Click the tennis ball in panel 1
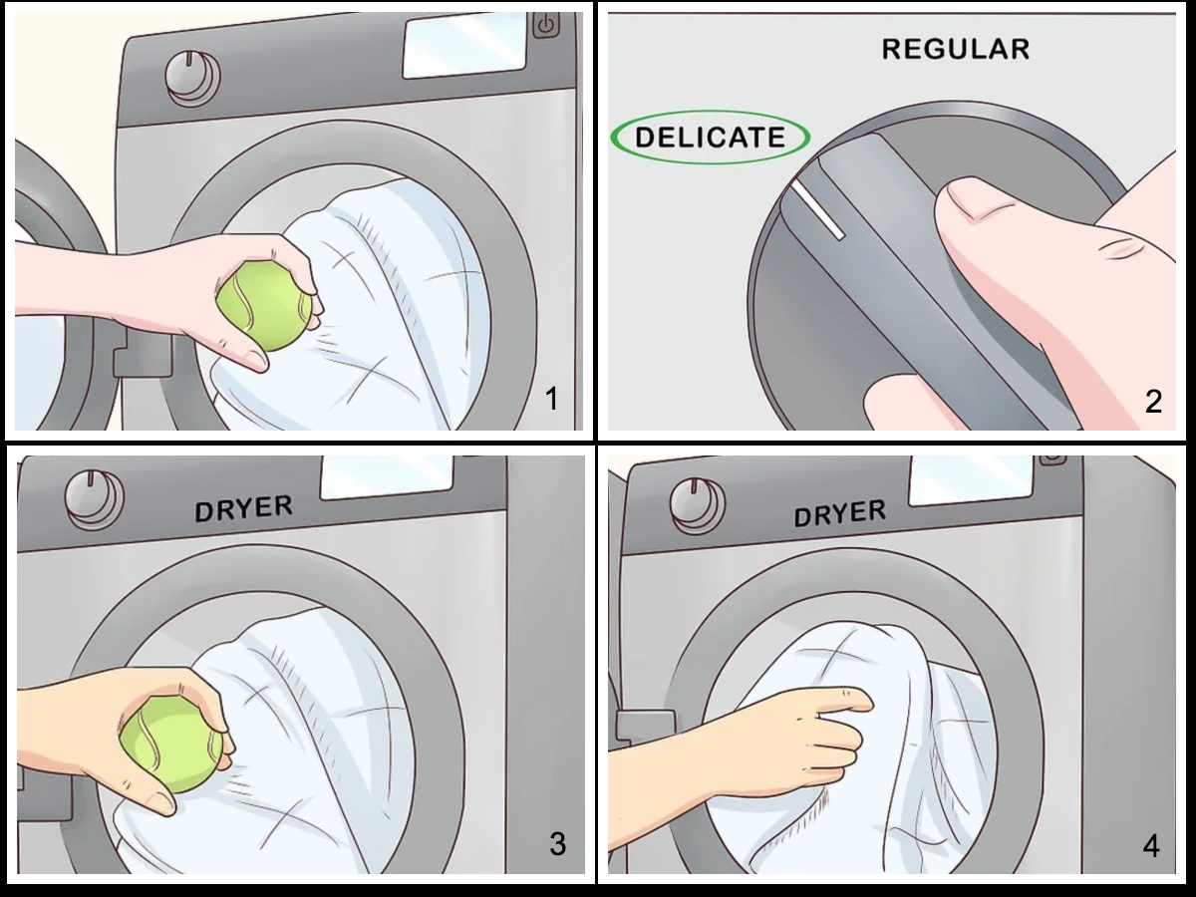[265, 306]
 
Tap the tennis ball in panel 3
[171, 746]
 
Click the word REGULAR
[956, 49]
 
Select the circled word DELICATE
[710, 137]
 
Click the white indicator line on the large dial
[818, 210]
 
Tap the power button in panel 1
[546, 25]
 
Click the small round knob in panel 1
[193, 79]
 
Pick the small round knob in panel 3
[94, 499]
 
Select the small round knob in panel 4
[698, 505]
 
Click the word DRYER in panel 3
[243, 508]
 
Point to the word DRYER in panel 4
[839, 513]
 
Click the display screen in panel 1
[464, 44]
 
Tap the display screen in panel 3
[387, 476]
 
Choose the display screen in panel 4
[971, 478]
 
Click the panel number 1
[552, 399]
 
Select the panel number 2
[1153, 402]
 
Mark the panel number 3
[557, 843]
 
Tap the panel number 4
[1150, 846]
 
